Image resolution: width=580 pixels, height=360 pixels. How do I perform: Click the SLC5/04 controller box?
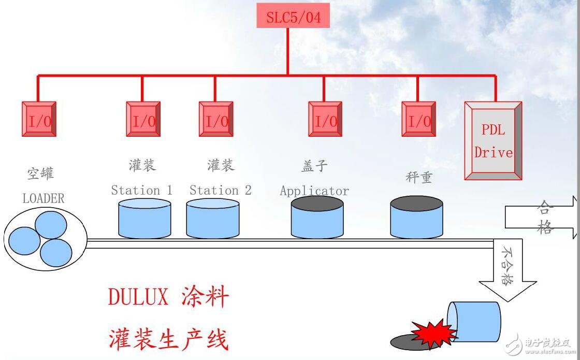pyautogui.click(x=293, y=17)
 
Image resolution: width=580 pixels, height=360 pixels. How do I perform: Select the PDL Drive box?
pyautogui.click(x=493, y=141)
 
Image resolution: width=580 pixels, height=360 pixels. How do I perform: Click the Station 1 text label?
pyautogui.click(x=141, y=190)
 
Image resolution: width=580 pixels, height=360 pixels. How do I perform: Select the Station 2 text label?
pyautogui.click(x=220, y=190)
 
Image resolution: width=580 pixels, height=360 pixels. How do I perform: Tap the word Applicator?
pyautogui.click(x=314, y=191)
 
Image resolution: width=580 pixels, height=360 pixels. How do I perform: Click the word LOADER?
pyautogui.click(x=44, y=198)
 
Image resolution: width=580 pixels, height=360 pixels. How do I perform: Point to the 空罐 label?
pyautogui.click(x=40, y=173)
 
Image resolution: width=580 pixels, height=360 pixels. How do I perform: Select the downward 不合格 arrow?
pyautogui.click(x=507, y=271)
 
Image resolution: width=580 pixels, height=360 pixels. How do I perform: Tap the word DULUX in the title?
pyautogui.click(x=138, y=297)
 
